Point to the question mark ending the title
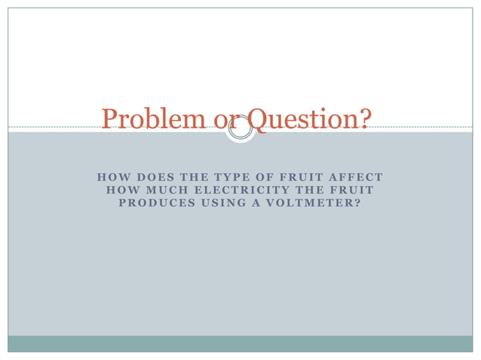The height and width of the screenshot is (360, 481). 365,119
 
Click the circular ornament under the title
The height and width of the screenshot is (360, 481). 240,128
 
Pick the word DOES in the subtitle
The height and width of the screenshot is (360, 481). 151,178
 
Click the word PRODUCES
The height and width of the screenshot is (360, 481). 152,203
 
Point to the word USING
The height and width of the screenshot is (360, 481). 219,203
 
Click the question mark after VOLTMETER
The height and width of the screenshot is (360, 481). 358,203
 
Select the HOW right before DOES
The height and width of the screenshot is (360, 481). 110,178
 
